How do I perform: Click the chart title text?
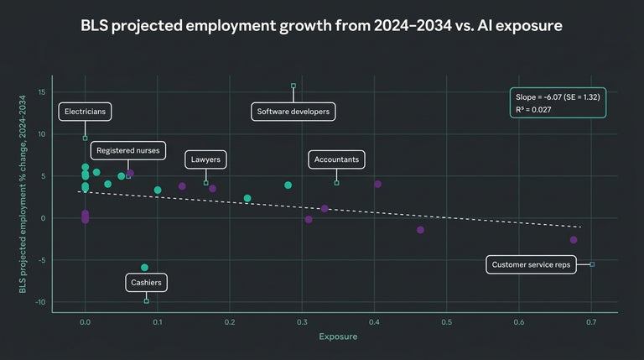[322, 26]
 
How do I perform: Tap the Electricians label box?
[85, 111]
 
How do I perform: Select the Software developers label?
[293, 111]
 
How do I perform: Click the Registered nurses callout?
[127, 151]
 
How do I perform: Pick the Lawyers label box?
[205, 159]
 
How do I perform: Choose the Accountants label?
[336, 159]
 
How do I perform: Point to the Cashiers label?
[146, 282]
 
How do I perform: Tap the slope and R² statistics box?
[557, 103]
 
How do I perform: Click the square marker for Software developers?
[293, 86]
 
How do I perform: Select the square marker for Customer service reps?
[592, 264]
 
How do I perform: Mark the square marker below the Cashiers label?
[146, 300]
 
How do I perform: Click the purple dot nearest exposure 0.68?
[574, 240]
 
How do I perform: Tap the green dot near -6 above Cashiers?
[144, 268]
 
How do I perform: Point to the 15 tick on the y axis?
[42, 92]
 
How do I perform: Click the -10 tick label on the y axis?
[40, 302]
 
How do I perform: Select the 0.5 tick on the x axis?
[446, 321]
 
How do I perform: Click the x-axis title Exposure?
[338, 337]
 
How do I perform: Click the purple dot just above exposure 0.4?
[377, 184]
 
